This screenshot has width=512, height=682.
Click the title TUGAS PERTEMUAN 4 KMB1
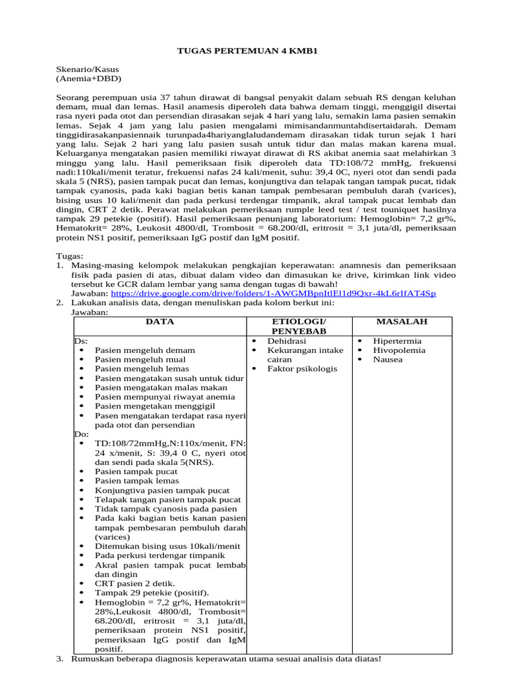(x=255, y=51)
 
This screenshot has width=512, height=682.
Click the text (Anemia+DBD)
(x=85, y=78)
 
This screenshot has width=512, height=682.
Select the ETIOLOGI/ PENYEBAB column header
(x=299, y=326)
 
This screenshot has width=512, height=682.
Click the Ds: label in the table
(x=79, y=341)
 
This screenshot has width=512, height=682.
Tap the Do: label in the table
(x=80, y=434)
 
